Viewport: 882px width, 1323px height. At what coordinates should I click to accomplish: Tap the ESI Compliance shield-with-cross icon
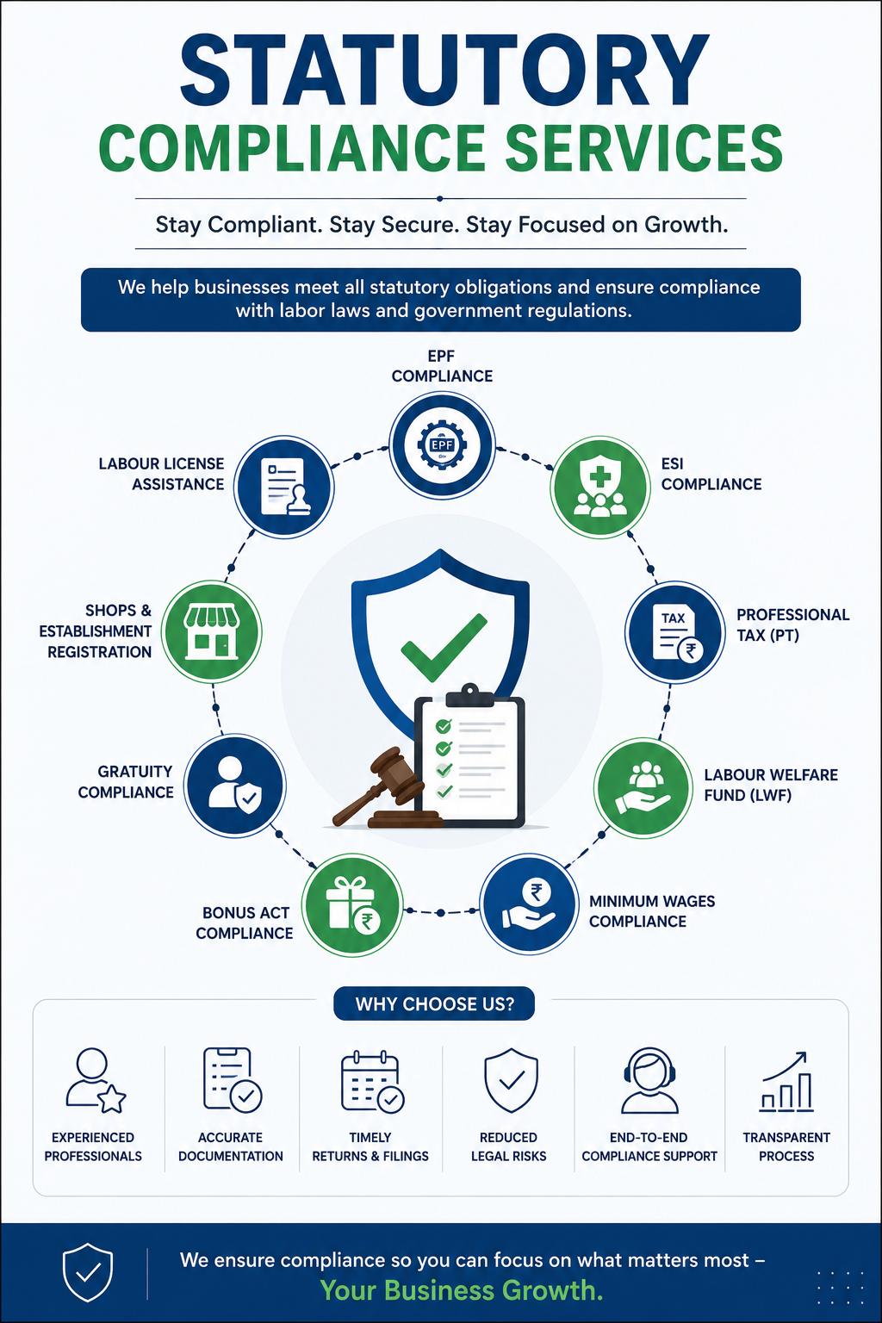[x=600, y=488]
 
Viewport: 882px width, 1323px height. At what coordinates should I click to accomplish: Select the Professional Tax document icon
[x=675, y=632]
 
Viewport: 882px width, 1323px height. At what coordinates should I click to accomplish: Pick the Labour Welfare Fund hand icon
[x=643, y=787]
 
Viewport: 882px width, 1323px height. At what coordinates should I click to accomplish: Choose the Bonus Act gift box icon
[x=352, y=905]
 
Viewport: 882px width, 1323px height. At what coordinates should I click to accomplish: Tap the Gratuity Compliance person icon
[x=235, y=786]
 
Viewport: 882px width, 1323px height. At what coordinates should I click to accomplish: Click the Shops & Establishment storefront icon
[x=212, y=631]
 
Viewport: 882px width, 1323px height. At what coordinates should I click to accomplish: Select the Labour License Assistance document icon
[x=284, y=487]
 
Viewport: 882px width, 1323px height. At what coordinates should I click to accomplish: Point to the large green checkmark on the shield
[x=444, y=646]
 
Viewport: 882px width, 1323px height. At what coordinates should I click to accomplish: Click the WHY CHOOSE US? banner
[x=434, y=1003]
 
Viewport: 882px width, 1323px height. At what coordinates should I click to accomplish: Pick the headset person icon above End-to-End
[x=649, y=1080]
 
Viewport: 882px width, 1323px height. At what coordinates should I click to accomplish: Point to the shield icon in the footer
[x=88, y=1272]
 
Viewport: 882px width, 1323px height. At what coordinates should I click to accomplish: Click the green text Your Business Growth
[x=462, y=1290]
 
